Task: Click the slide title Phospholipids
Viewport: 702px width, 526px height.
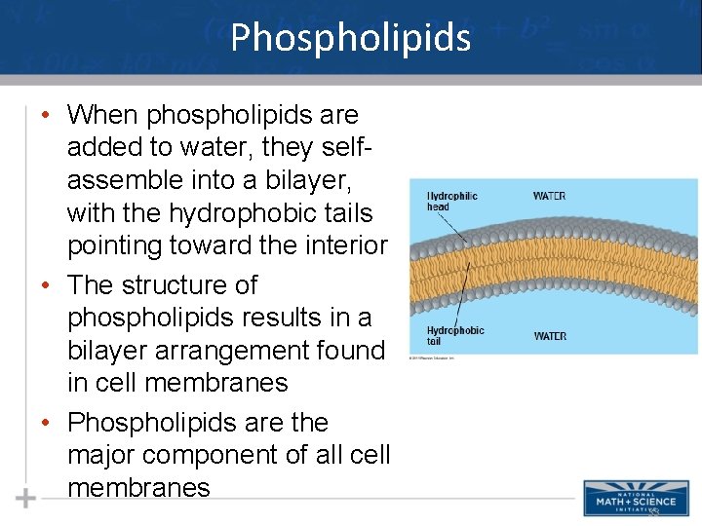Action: [x=351, y=38]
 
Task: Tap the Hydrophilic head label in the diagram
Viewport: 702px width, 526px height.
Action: [x=451, y=202]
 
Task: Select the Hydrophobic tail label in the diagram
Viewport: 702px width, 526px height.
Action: [x=454, y=336]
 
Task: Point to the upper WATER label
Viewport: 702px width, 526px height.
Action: [x=549, y=196]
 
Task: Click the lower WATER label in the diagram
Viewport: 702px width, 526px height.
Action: [x=550, y=336]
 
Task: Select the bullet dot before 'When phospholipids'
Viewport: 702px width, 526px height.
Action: [x=46, y=115]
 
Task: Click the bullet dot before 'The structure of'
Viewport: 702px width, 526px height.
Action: [x=46, y=285]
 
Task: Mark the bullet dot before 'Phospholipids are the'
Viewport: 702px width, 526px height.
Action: [x=46, y=423]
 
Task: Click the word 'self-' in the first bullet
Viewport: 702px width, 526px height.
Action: [x=348, y=148]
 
